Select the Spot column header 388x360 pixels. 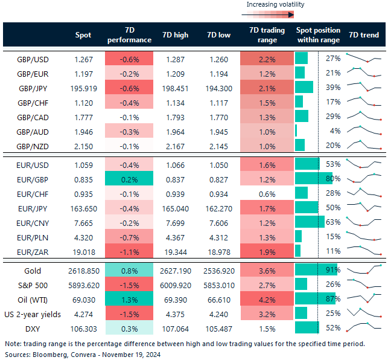(x=83, y=35)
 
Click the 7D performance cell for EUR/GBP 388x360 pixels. (x=129, y=178)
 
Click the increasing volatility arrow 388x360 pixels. (x=275, y=14)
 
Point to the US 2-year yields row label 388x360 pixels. (x=33, y=313)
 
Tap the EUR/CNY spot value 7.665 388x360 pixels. (x=83, y=222)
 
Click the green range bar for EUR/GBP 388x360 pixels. (x=314, y=178)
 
